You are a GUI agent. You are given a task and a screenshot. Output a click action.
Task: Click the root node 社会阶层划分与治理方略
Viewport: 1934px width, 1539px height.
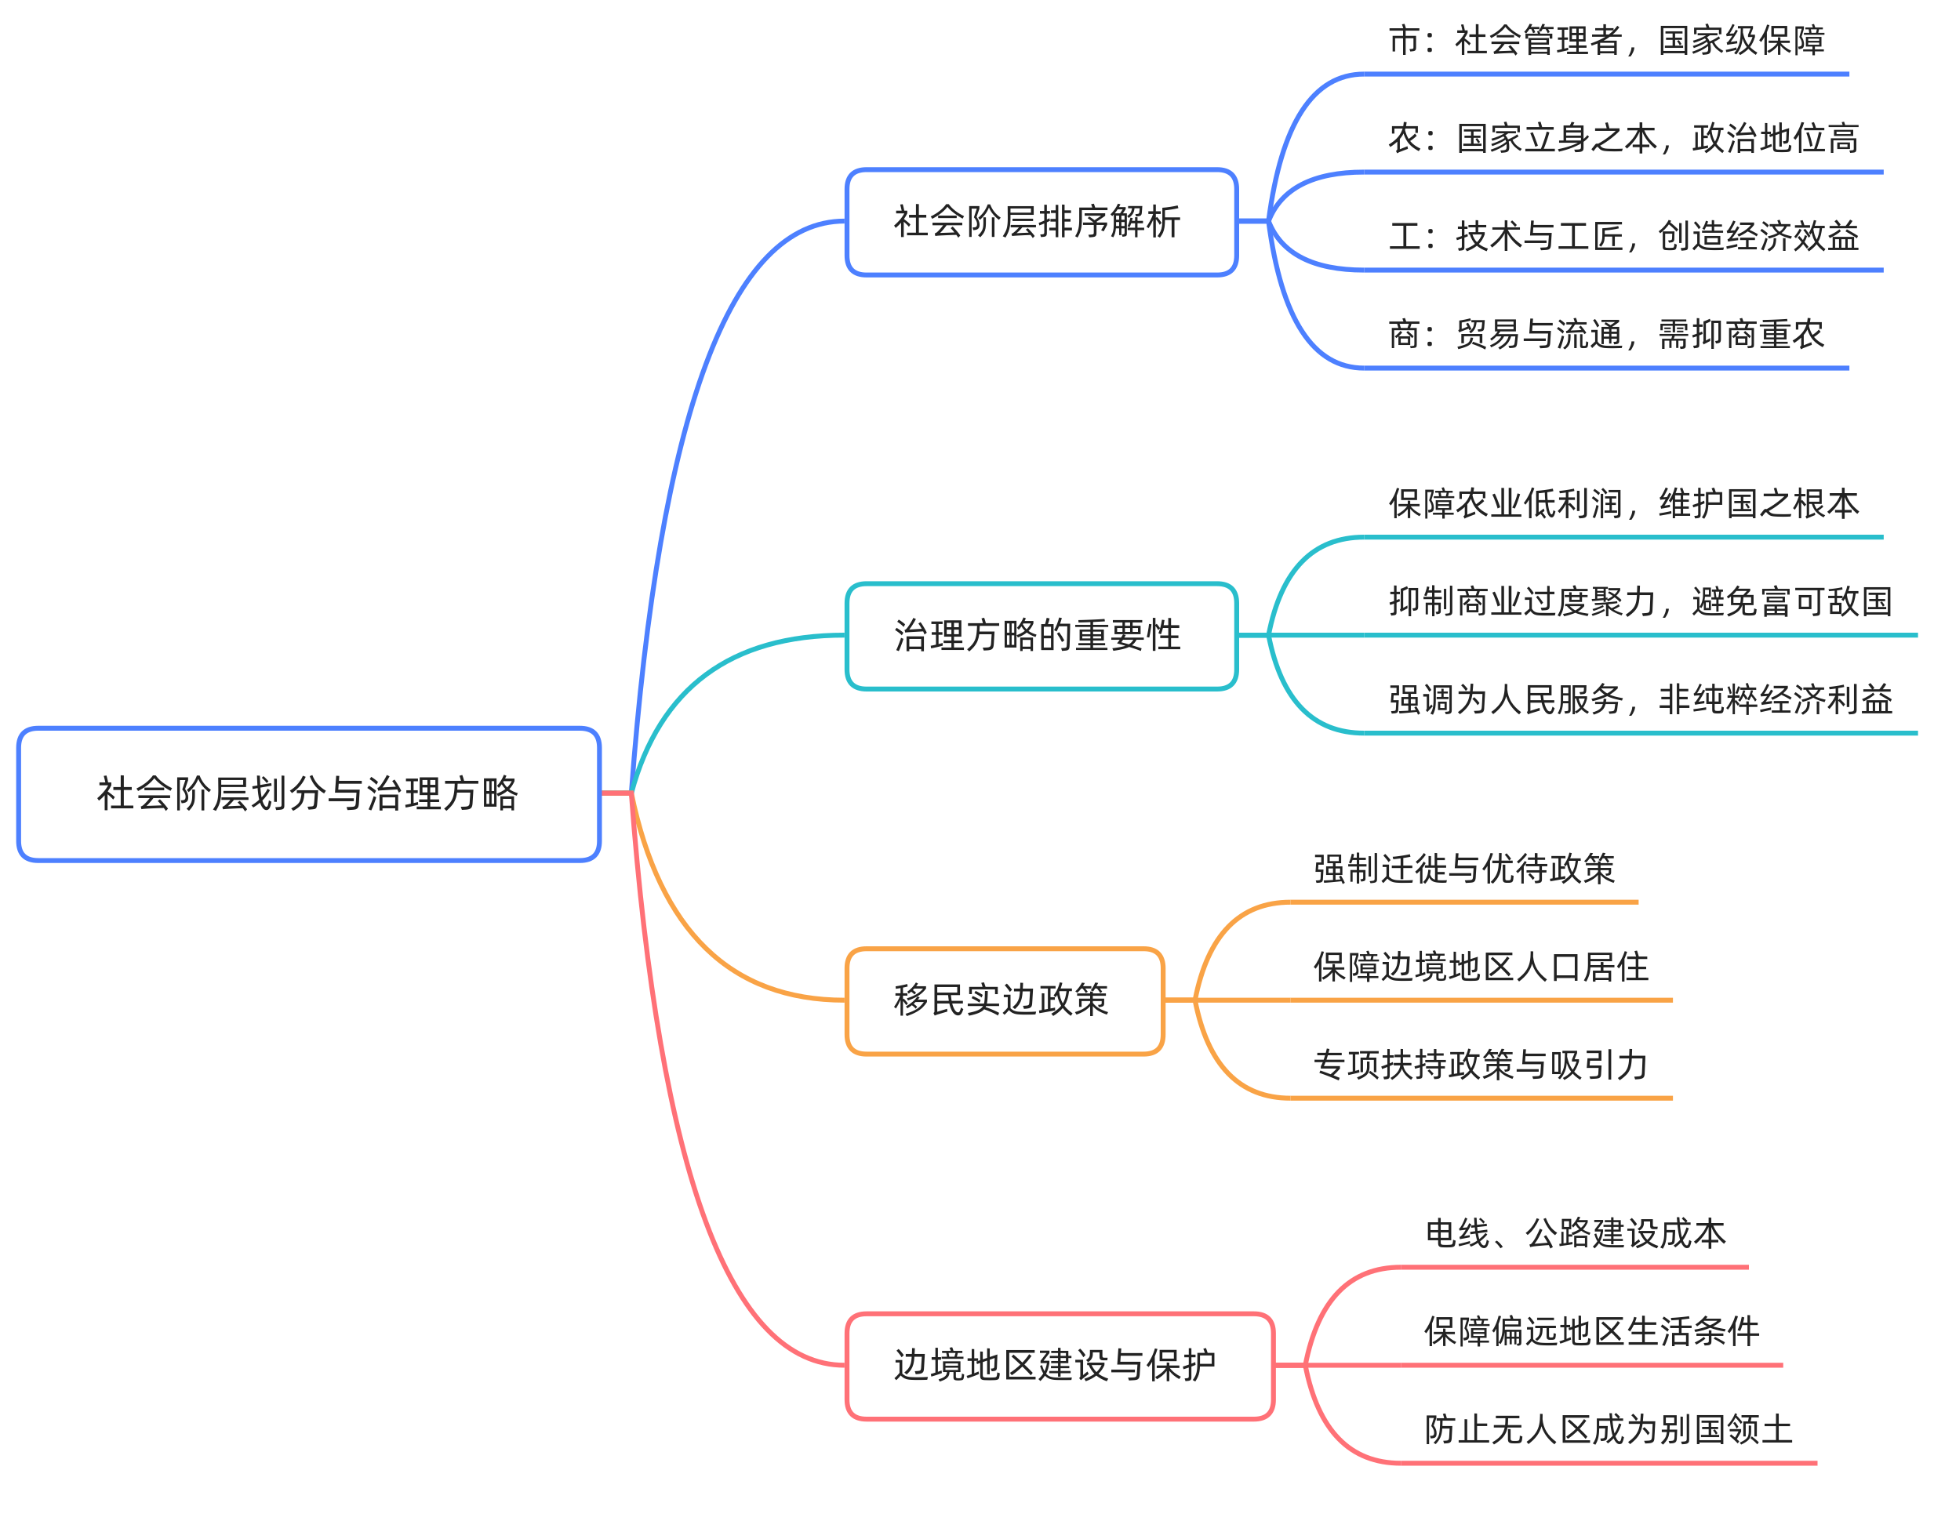307,793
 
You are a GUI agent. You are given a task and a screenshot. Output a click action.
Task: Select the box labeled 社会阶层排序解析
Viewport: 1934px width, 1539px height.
1041,222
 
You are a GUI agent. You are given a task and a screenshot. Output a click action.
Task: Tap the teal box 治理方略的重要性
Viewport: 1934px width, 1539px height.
1041,636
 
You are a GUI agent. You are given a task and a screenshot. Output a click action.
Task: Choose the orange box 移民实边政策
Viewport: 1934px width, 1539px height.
1004,1000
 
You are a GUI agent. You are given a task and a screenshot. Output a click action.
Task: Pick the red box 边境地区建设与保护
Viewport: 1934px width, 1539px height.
1059,1366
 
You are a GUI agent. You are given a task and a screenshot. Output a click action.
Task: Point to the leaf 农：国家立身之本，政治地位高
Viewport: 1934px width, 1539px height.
1623,139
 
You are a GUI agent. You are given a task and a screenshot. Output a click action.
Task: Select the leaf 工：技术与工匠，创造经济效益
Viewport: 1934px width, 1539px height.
1623,237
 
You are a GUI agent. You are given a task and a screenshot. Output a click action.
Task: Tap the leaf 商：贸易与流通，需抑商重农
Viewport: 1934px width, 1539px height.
1605,335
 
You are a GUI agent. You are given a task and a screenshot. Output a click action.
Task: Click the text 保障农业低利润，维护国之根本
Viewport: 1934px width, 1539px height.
1623,504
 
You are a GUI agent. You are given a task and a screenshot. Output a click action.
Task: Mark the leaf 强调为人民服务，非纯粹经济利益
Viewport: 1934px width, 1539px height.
1640,699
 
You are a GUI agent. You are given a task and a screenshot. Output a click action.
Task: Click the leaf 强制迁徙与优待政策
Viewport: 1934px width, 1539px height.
1464,869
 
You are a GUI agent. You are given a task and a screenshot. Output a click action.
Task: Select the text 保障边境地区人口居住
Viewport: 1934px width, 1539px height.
1480,967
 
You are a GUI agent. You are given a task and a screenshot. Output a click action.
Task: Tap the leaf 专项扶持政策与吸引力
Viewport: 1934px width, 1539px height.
1480,1065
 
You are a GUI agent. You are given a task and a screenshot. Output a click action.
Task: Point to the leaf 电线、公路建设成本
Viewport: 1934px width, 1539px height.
1575,1234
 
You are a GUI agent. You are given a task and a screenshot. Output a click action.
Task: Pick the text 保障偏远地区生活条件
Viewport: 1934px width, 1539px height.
1591,1332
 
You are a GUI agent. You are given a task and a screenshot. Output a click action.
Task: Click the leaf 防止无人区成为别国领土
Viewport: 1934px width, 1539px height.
1609,1429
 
